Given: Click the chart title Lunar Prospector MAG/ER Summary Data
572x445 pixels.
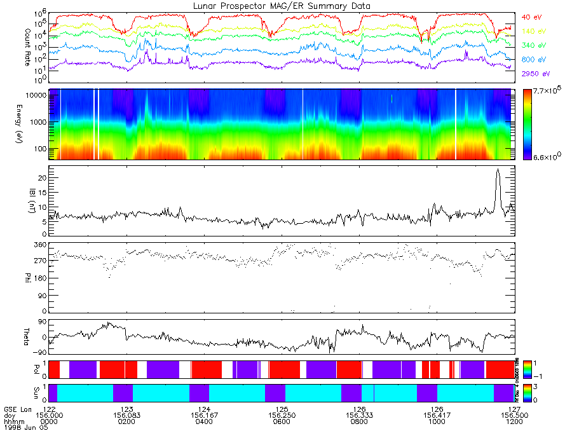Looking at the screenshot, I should click(x=282, y=6).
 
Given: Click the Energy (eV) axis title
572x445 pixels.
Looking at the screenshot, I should click(x=27, y=124).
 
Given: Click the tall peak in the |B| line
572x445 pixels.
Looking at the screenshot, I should click(x=498, y=169).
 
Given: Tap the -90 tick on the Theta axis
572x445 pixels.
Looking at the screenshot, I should click(x=39, y=352).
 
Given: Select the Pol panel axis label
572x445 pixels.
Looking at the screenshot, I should click(x=27, y=369).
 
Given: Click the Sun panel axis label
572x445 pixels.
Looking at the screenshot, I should click(x=27, y=392).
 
